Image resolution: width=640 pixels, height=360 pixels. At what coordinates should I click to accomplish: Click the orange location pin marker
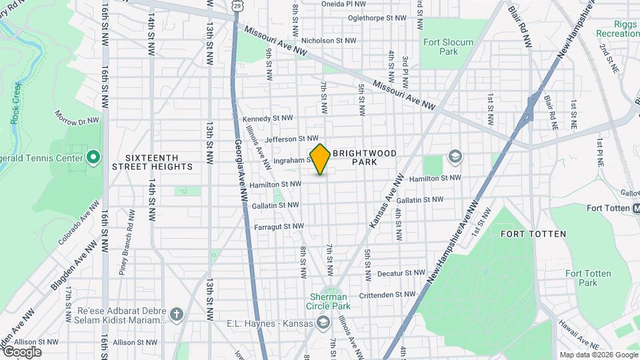click(x=320, y=159)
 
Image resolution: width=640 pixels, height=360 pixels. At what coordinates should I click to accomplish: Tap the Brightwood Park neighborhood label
click(x=365, y=157)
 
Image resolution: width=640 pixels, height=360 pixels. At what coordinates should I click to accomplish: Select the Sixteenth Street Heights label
click(x=152, y=162)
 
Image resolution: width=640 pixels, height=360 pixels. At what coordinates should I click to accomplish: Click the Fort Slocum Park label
click(x=449, y=47)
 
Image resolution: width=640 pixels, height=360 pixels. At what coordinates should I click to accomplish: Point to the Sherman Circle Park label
click(x=328, y=301)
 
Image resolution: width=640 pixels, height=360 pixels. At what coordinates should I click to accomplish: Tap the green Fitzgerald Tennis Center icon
click(x=94, y=158)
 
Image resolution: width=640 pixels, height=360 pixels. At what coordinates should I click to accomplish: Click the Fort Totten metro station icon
click(x=635, y=208)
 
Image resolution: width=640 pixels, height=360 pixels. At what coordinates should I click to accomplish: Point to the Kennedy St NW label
click(x=268, y=118)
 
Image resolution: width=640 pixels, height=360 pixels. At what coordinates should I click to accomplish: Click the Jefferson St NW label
click(x=291, y=139)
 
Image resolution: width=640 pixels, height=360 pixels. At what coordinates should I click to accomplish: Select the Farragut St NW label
click(x=279, y=227)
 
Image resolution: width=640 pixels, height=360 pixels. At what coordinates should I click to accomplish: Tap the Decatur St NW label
click(x=401, y=273)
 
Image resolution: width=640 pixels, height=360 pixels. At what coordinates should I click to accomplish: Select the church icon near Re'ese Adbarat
click(x=176, y=313)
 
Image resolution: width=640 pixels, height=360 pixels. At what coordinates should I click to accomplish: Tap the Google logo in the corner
click(x=22, y=352)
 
